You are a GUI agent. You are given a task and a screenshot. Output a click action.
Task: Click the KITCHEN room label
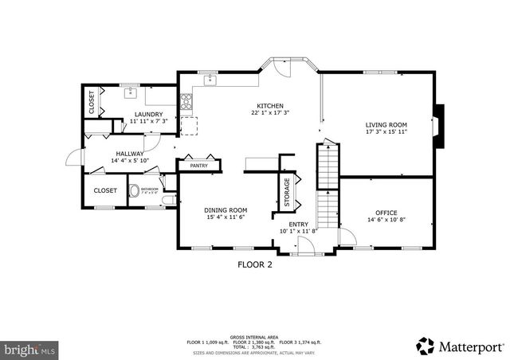tap(270, 106)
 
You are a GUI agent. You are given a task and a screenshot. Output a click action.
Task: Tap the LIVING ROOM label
tap(386, 125)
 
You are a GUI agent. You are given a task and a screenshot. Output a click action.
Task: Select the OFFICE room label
tap(386, 213)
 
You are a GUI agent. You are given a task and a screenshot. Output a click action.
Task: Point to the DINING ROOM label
tap(227, 209)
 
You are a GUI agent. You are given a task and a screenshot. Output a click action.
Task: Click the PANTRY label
tap(198, 166)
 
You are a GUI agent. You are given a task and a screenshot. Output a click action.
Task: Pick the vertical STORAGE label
tap(288, 191)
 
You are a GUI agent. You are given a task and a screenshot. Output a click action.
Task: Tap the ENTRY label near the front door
tap(299, 225)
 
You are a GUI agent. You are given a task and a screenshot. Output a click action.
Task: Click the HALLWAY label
tap(129, 154)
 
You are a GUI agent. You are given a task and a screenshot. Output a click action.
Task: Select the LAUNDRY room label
tap(149, 115)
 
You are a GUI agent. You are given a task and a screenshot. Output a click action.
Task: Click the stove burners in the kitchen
tap(186, 101)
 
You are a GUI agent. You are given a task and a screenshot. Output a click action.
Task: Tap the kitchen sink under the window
tap(210, 80)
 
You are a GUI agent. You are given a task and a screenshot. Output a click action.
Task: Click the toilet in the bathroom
tap(136, 191)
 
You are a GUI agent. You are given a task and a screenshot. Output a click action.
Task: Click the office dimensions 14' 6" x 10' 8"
tap(386, 220)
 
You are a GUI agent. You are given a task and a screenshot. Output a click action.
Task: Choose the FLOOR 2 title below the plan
tap(255, 265)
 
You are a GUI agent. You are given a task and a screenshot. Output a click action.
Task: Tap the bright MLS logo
tap(29, 349)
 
